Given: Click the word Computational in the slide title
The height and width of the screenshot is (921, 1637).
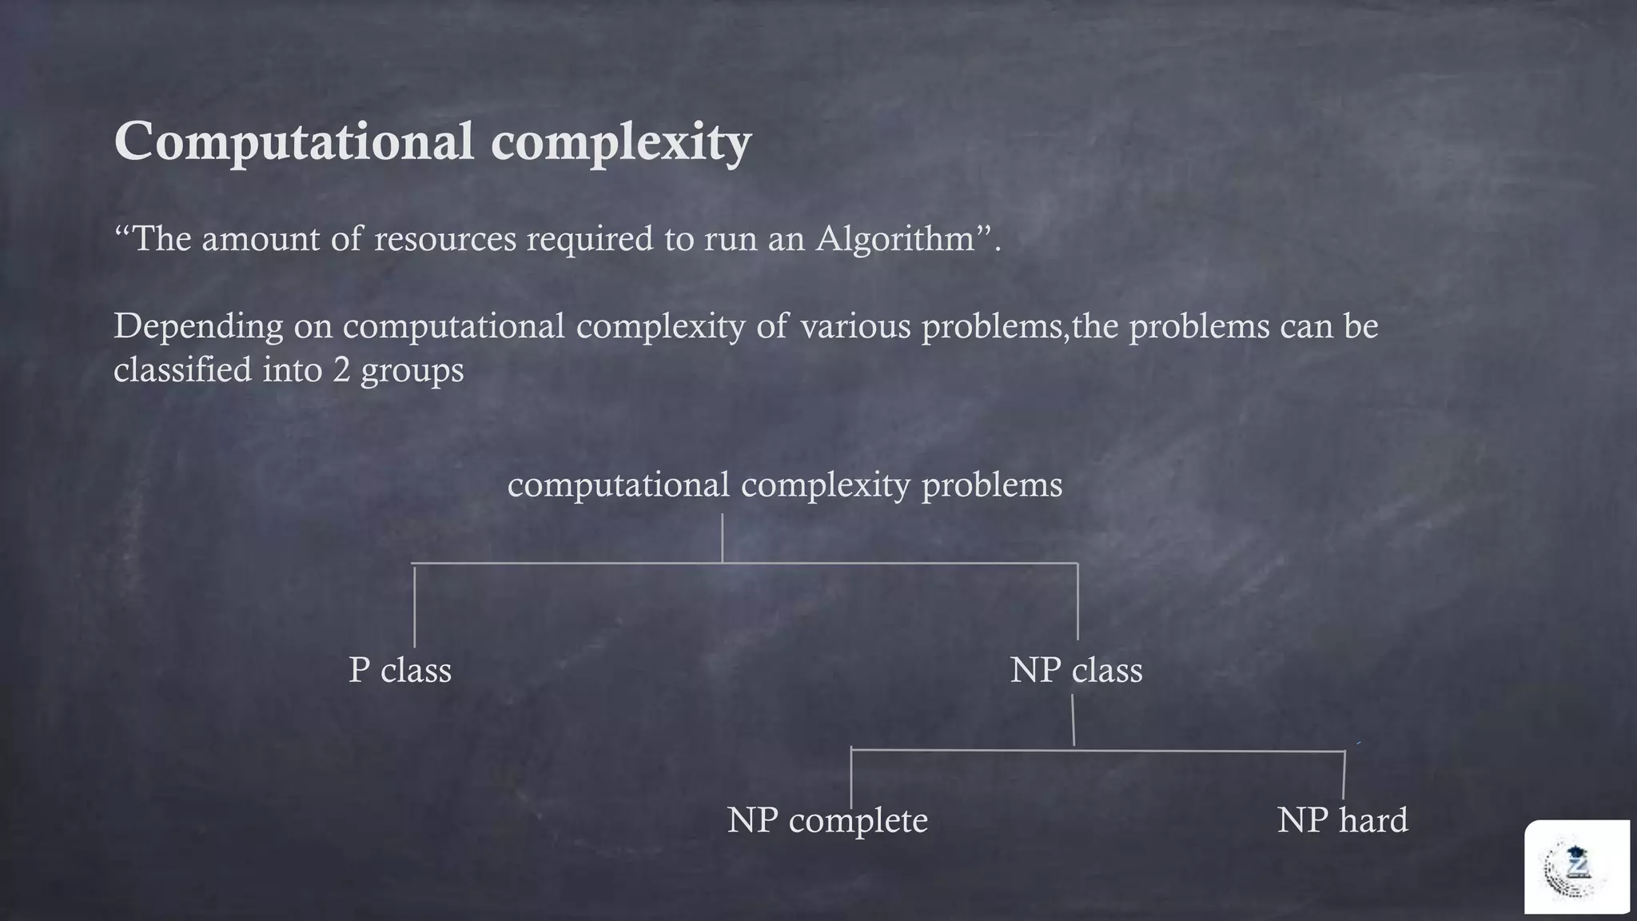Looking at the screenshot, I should [x=295, y=142].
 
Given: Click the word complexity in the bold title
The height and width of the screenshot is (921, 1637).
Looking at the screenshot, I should [x=621, y=144].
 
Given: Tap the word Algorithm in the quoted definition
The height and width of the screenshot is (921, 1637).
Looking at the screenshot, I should [x=894, y=239].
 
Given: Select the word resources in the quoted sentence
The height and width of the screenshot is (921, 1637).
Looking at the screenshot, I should [x=445, y=239].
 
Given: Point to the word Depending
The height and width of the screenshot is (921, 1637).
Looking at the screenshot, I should [x=198, y=327].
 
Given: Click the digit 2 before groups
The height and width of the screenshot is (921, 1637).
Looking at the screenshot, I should [x=341, y=370].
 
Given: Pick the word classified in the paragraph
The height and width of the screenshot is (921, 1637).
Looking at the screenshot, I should [x=182, y=370].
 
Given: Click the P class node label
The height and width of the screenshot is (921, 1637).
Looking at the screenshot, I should [x=400, y=670].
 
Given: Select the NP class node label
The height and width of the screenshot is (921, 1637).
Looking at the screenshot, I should [x=1076, y=670].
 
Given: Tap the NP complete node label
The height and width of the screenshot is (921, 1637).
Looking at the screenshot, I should [x=827, y=820].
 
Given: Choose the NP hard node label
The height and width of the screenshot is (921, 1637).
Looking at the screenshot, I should [x=1342, y=820].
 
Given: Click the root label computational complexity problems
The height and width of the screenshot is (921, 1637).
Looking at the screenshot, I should [x=785, y=485].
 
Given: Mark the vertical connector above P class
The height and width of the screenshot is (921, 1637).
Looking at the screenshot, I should [x=414, y=606].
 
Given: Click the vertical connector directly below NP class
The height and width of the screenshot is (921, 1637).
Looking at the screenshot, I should [x=1073, y=720].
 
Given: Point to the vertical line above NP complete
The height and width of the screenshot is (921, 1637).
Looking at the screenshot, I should [x=851, y=779].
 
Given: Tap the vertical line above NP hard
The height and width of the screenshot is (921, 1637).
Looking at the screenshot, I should [x=1344, y=775].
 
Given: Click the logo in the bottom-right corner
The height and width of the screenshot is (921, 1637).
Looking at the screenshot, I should [x=1576, y=867].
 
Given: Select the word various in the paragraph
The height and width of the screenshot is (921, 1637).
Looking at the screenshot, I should [x=854, y=327].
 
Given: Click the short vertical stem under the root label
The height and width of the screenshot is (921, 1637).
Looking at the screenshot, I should [x=723, y=538].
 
